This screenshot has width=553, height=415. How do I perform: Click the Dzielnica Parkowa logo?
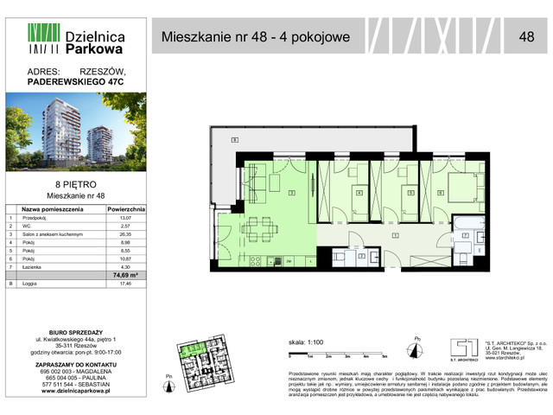(x=77, y=38)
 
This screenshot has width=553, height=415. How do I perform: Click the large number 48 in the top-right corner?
(x=526, y=36)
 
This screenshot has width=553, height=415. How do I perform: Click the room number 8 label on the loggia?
(x=232, y=140)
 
